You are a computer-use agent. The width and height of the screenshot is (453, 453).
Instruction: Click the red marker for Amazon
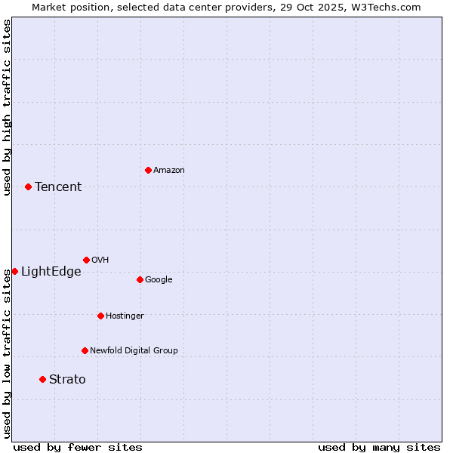(x=148, y=170)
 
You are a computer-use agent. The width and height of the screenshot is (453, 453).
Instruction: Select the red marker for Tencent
(x=28, y=186)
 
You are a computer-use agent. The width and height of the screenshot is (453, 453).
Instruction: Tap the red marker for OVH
(x=86, y=260)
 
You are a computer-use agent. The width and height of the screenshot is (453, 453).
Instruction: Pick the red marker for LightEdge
(x=14, y=271)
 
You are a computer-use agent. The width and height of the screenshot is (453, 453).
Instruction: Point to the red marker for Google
(x=140, y=279)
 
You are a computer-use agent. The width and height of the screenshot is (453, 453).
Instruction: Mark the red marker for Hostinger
(x=100, y=316)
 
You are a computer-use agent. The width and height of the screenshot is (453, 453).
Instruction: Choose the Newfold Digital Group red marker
(x=85, y=350)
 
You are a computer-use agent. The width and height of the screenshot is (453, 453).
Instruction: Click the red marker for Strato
(x=42, y=379)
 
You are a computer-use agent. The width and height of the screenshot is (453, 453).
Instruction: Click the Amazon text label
(x=169, y=171)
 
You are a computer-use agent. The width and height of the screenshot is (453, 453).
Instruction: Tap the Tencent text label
(x=58, y=187)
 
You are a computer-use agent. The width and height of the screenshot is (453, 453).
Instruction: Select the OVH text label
(x=100, y=260)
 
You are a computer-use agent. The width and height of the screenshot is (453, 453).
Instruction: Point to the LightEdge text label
(x=51, y=272)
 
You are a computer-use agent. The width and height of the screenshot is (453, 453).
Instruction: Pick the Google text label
(x=159, y=280)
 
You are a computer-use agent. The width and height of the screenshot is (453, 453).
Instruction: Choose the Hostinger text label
(x=125, y=316)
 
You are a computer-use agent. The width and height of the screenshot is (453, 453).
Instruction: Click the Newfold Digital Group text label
(x=134, y=351)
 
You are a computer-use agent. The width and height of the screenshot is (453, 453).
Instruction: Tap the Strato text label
(x=67, y=380)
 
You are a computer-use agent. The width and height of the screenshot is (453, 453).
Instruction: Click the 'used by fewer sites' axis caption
(x=78, y=447)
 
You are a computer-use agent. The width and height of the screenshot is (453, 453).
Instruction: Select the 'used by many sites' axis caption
(x=379, y=447)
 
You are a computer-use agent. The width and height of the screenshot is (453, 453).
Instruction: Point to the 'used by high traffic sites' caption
(x=7, y=107)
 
